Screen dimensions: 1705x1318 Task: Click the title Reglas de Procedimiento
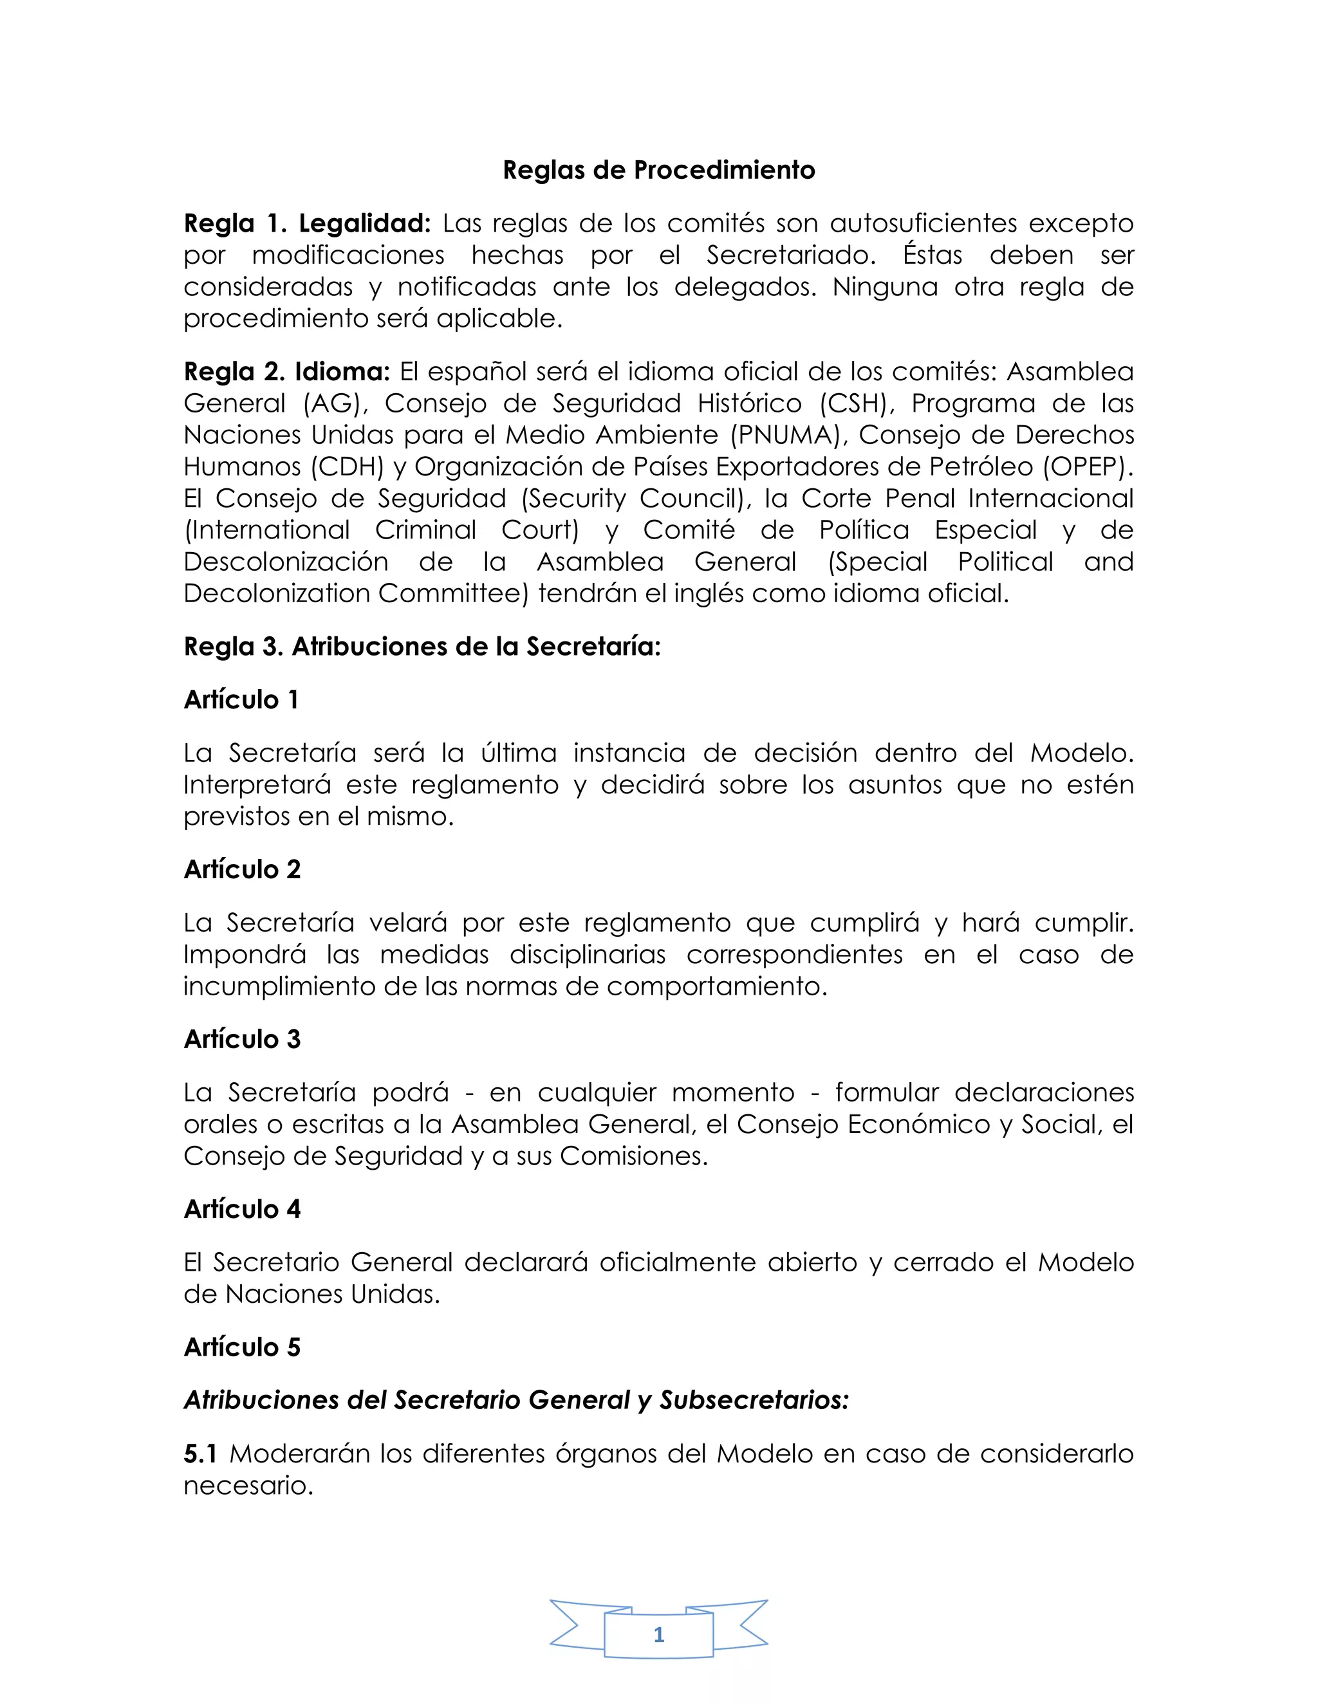pos(658,170)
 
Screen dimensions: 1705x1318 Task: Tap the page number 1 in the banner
pos(659,1634)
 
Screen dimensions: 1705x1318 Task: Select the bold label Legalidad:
pos(365,224)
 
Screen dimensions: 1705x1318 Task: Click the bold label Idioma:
pos(342,373)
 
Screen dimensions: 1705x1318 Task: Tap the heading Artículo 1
pos(241,700)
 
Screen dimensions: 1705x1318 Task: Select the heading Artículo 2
pos(242,870)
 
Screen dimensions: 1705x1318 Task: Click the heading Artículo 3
pos(242,1040)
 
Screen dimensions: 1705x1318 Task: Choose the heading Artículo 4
pos(242,1210)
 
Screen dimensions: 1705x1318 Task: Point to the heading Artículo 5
pos(242,1347)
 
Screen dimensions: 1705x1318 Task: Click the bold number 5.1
pos(200,1453)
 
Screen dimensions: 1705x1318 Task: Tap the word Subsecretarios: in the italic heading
pos(754,1401)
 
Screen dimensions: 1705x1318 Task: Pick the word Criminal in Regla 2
pos(425,530)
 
